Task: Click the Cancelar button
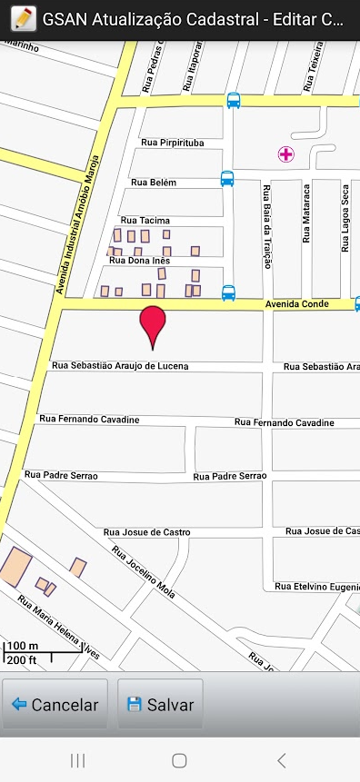(55, 704)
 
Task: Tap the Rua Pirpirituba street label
(173, 143)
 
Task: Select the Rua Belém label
(154, 183)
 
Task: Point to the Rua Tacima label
(145, 221)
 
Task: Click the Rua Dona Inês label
(141, 261)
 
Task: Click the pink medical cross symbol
(285, 154)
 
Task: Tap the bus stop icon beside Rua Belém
(227, 179)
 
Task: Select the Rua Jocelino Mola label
(144, 571)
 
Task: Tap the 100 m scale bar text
(23, 647)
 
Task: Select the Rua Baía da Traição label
(267, 227)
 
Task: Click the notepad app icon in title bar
(23, 19)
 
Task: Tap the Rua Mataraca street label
(306, 214)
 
